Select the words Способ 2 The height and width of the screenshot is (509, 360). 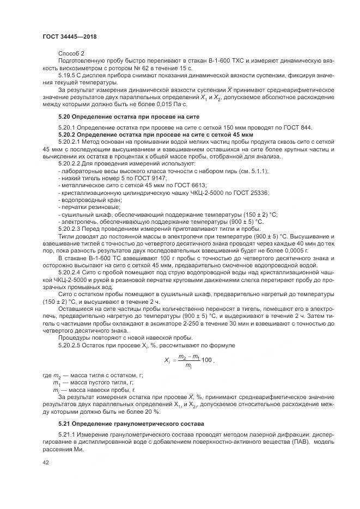click(71, 54)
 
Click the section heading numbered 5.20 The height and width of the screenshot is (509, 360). click(129, 116)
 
